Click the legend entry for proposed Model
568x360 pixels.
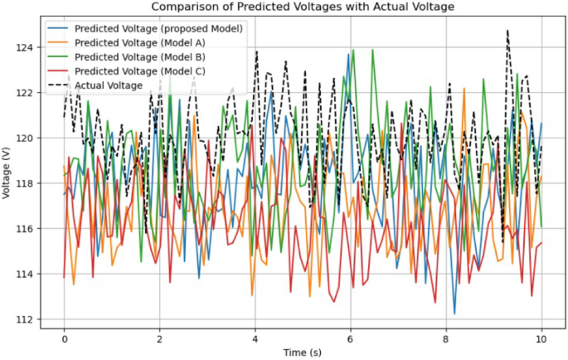pos(158,27)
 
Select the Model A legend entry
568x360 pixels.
pos(139,41)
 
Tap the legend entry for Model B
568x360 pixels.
pos(139,56)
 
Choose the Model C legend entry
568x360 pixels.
pos(139,71)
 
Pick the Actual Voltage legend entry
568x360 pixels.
pos(109,85)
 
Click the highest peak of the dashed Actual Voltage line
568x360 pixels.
pos(507,31)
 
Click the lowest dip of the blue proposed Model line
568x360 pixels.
pos(454,314)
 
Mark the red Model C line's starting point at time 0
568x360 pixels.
pos(64,277)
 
